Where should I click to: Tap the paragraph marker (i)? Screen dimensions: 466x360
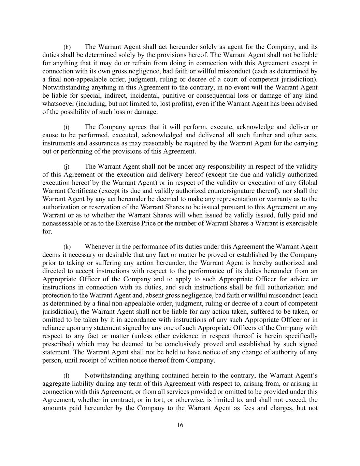point(67,127)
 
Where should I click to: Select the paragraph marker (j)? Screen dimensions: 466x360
point(67,167)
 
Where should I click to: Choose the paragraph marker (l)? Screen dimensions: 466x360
point(67,376)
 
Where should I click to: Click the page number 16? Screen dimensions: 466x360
point(180,425)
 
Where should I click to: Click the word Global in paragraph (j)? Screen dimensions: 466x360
point(308,183)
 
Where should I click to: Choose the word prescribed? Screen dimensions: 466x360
point(56,344)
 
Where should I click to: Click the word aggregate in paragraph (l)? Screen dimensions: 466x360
point(55,384)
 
